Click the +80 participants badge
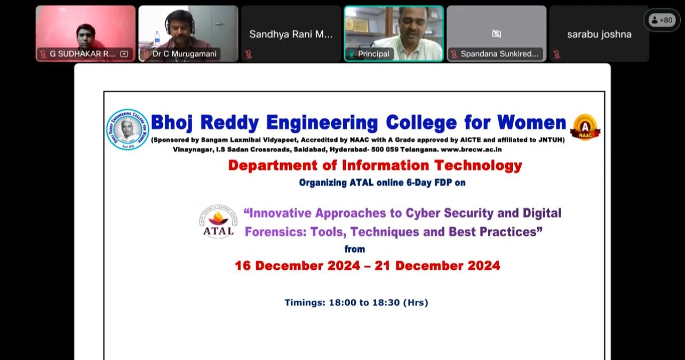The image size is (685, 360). pos(662,20)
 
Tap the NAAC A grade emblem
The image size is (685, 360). pos(585,127)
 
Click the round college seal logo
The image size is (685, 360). pos(128,130)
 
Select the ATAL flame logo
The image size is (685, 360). pos(218,221)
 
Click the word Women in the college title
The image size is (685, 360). pos(531,123)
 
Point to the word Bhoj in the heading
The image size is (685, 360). pos(172,123)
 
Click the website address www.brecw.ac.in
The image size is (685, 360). pos(471,149)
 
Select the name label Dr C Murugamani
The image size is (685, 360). pos(185,54)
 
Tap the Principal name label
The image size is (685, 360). pos(373,54)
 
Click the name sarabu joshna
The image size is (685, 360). pos(599,34)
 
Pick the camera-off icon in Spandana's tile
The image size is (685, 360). pos(496,34)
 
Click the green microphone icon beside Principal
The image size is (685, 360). pos(352,54)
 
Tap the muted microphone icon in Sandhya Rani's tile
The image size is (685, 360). pos(248,54)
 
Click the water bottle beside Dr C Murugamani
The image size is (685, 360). pos(157,39)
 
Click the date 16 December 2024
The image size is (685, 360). pos(298,266)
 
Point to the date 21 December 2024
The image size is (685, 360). pos(437,266)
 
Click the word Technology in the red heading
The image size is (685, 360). pos(478,165)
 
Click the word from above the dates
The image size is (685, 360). pos(355,249)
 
